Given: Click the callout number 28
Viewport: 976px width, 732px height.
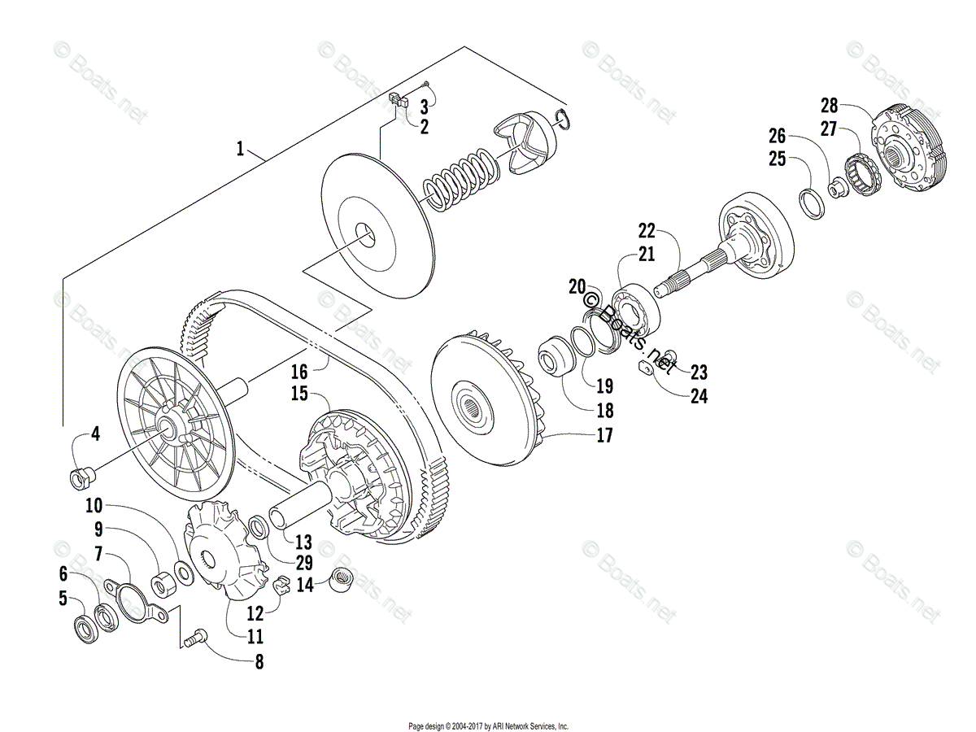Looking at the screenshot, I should coord(829,105).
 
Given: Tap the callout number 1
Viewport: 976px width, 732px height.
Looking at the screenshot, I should coord(240,149).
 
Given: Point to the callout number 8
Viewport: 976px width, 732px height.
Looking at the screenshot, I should coord(259,662).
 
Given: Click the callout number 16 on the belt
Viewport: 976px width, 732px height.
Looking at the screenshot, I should coord(299,372).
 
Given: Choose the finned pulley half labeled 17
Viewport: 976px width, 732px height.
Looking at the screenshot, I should coord(486,407).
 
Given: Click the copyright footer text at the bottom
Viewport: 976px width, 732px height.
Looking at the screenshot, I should coord(488,726).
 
